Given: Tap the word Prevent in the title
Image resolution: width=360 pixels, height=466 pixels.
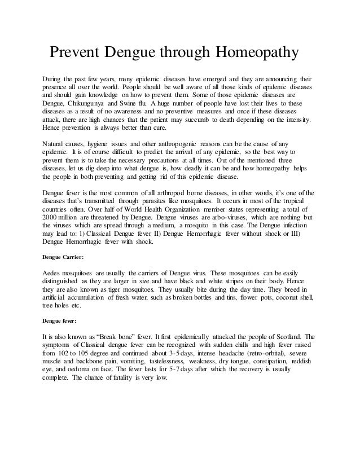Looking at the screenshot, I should [x=76, y=54].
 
